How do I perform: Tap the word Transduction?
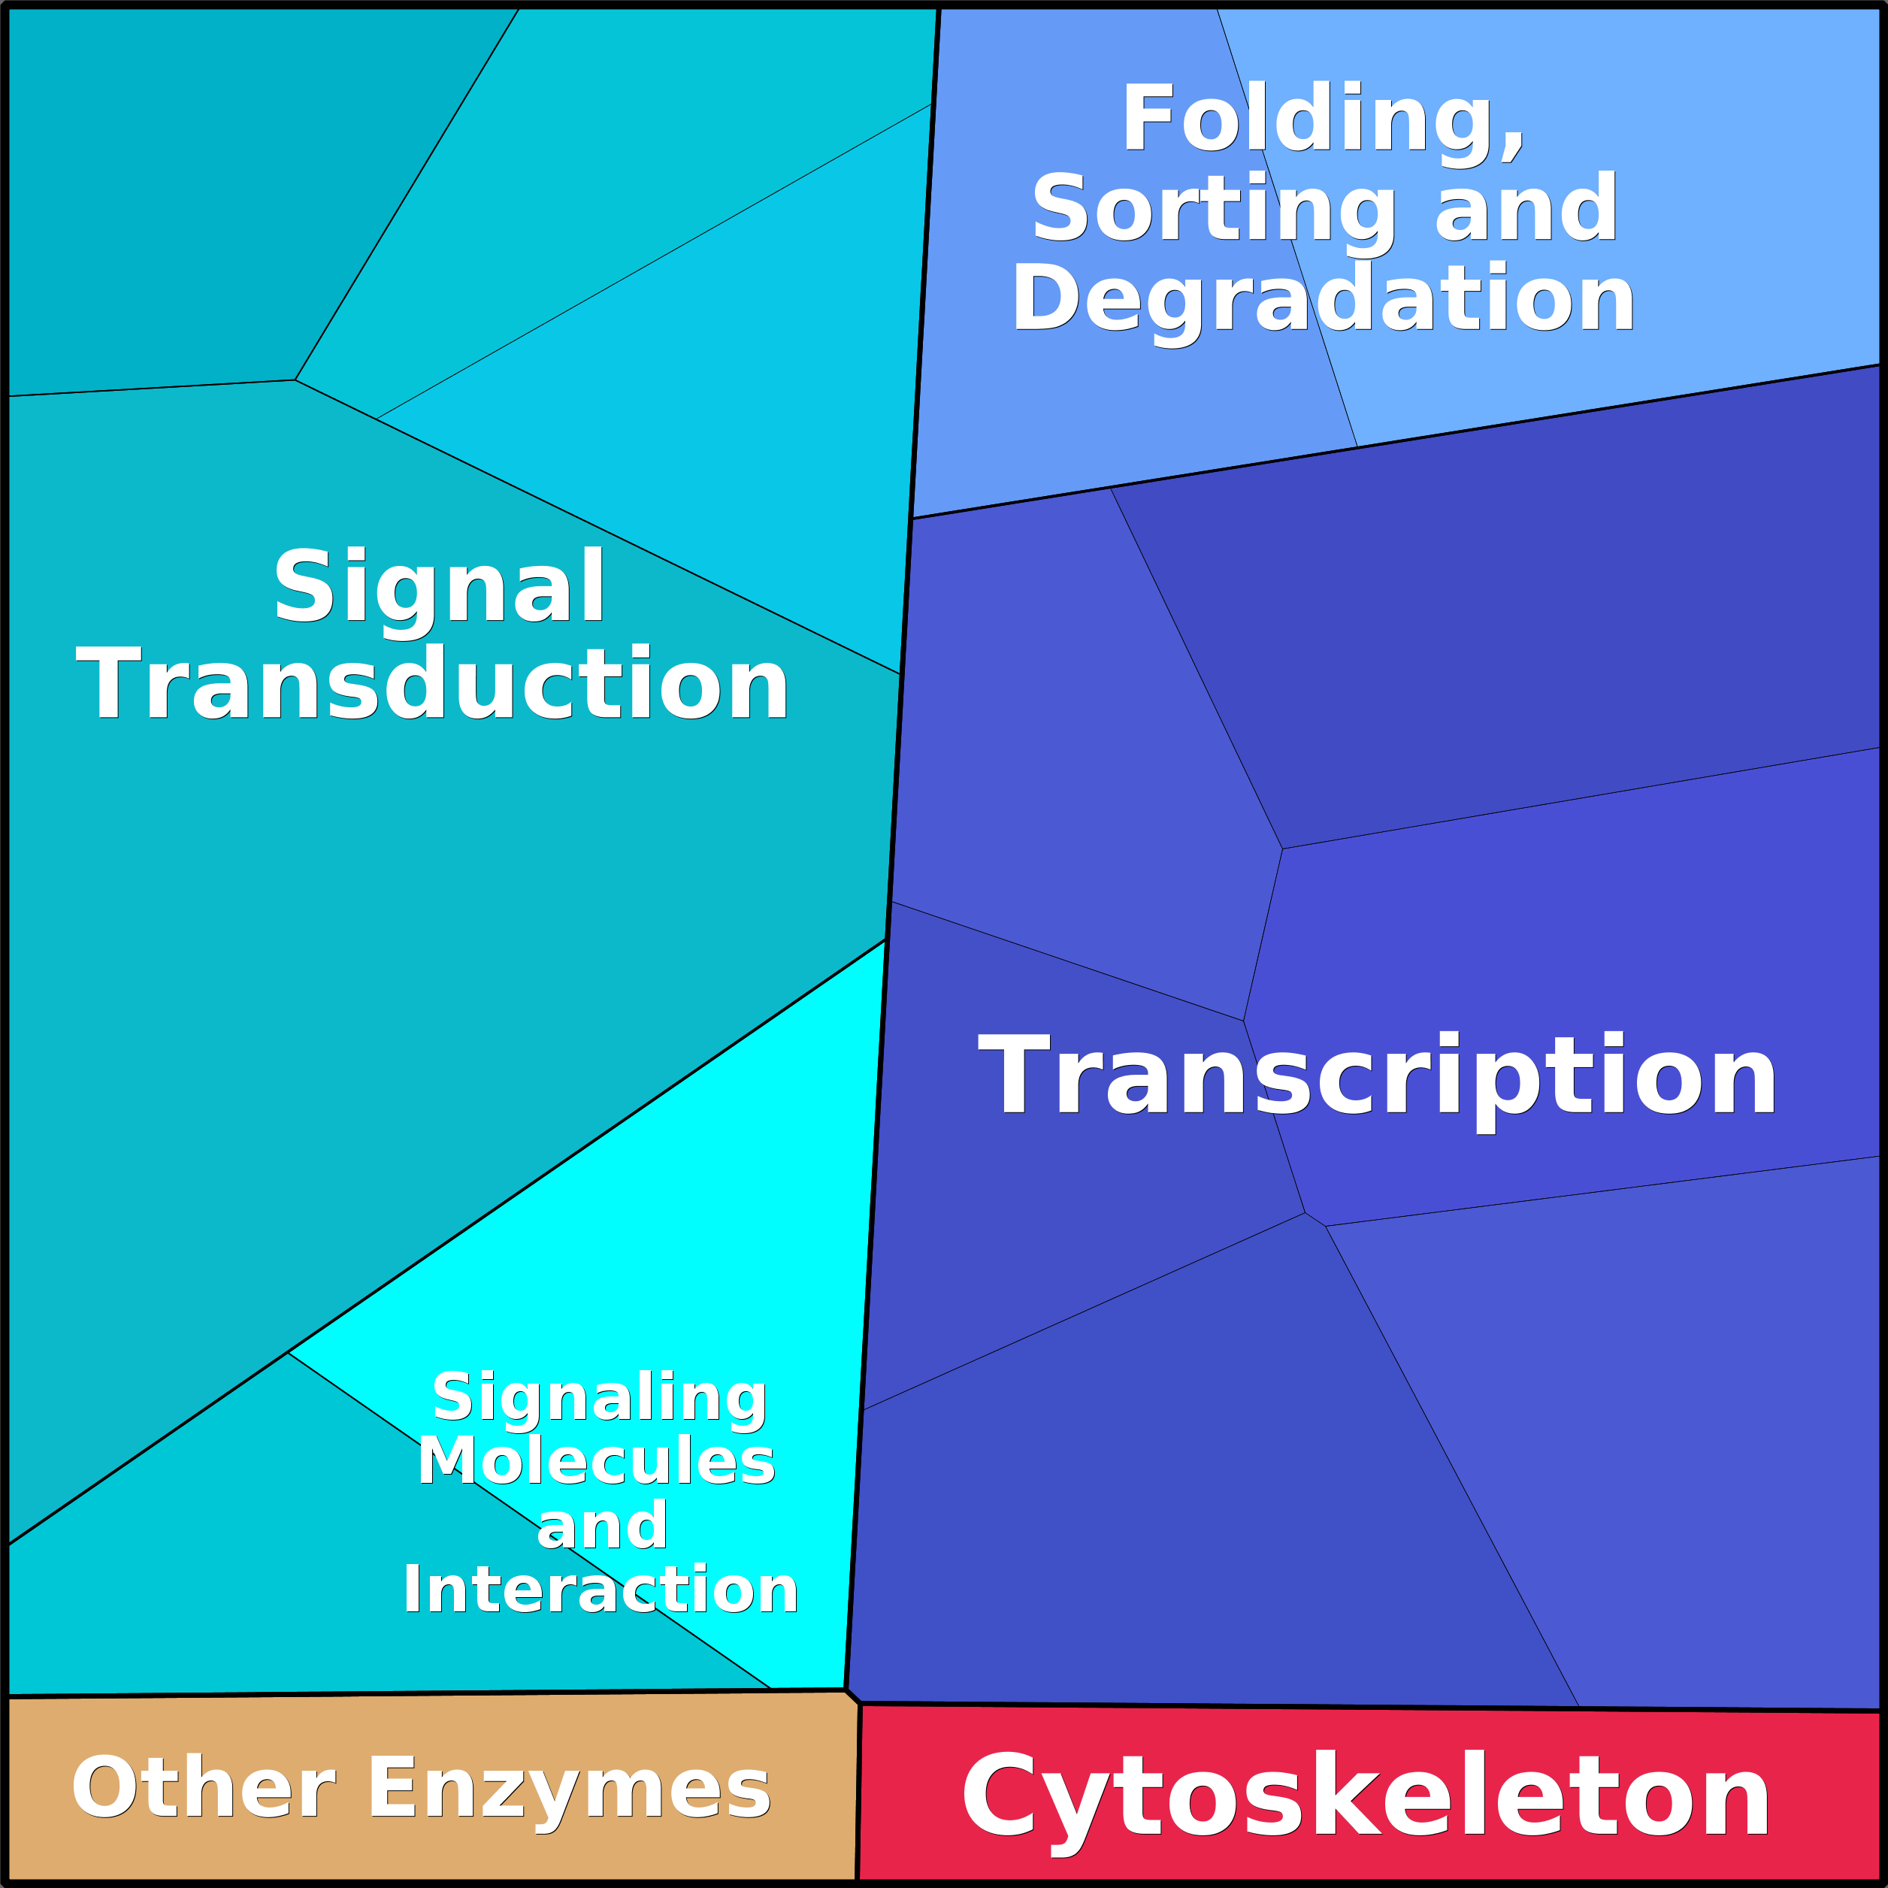click(x=433, y=685)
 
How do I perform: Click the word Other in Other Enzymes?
click(x=203, y=1787)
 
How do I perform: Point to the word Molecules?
click(x=596, y=1461)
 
